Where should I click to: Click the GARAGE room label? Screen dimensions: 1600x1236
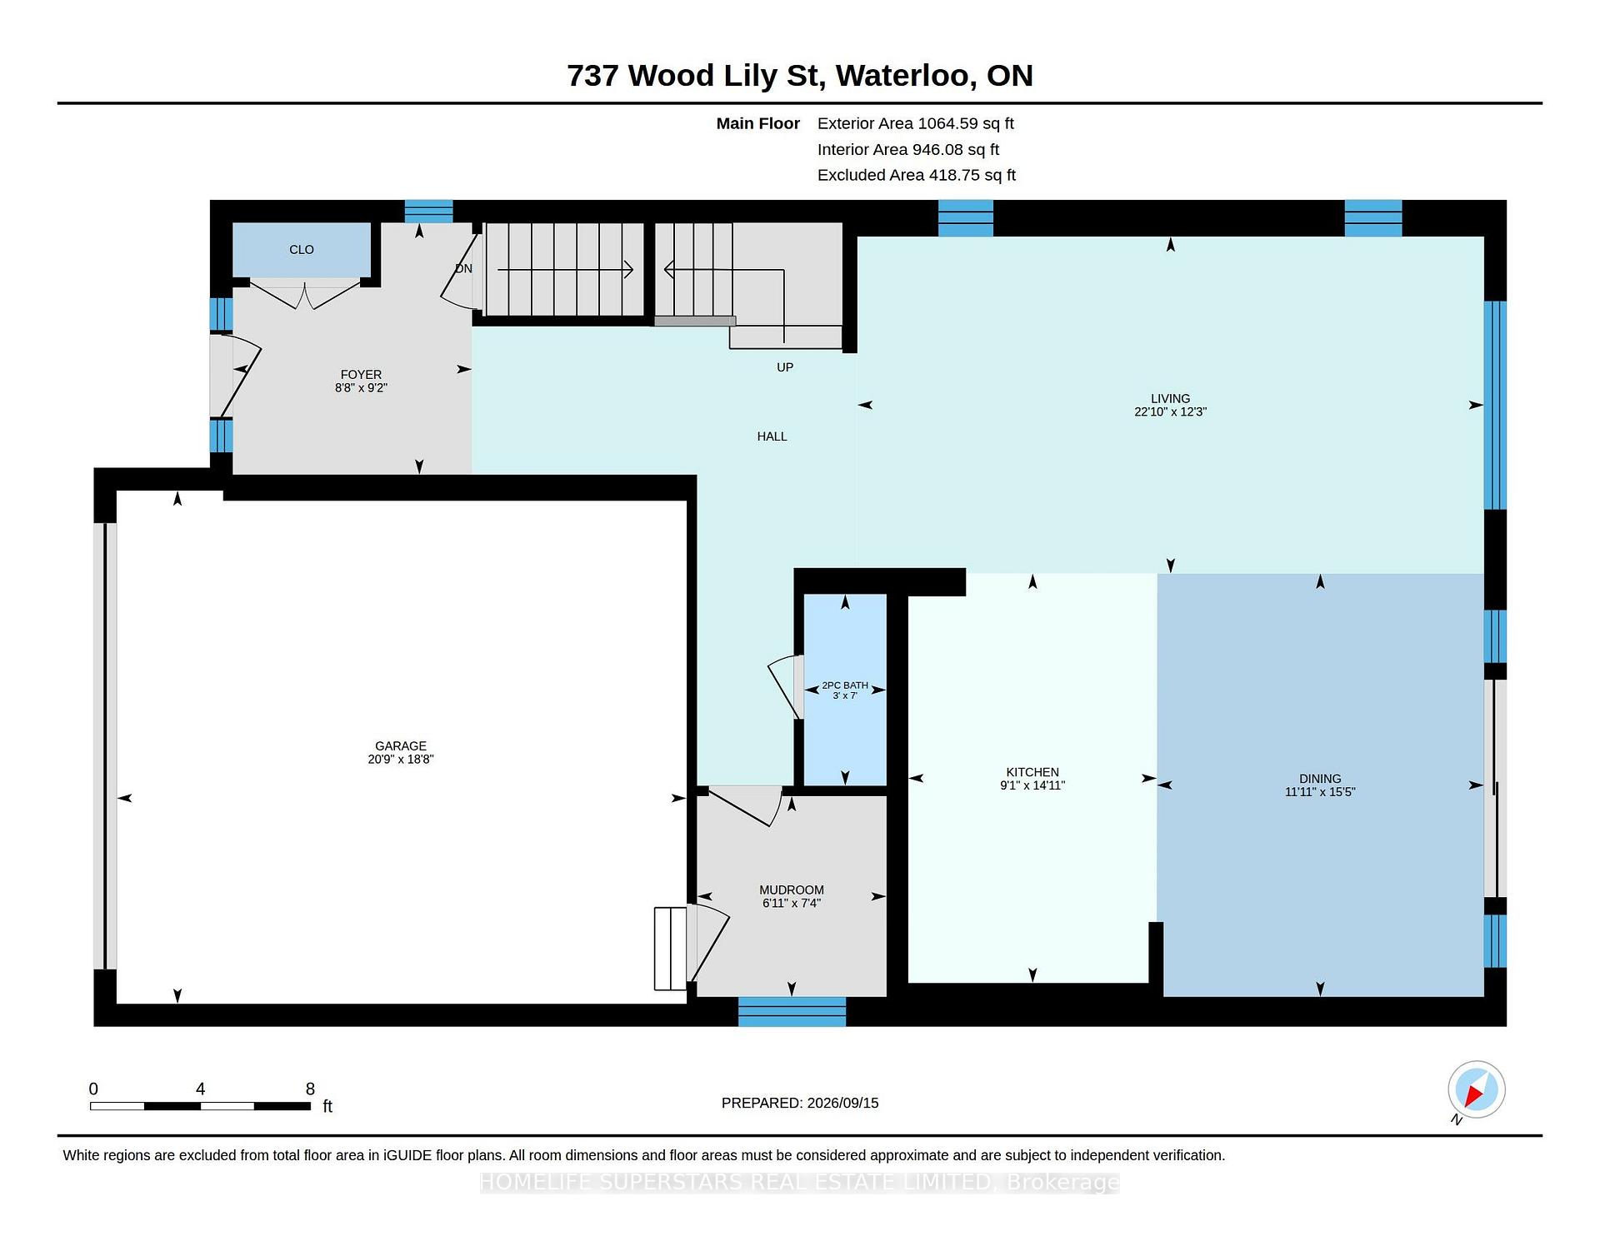tap(401, 746)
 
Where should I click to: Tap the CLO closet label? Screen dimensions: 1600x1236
tap(302, 250)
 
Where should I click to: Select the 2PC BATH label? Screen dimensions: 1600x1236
tap(845, 685)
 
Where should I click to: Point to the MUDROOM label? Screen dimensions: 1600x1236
tap(792, 890)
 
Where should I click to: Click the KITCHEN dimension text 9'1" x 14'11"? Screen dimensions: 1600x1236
tap(1032, 785)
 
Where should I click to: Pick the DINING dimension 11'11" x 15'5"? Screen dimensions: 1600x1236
tap(1320, 792)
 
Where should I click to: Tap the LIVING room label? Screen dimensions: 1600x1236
tap(1171, 399)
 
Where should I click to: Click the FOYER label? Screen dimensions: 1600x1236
tap(361, 375)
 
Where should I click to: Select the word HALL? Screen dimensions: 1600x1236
tap(772, 436)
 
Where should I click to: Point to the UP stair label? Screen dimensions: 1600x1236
tap(785, 367)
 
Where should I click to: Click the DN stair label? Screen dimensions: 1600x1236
tap(464, 268)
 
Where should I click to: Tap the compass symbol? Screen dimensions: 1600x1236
tap(1476, 1089)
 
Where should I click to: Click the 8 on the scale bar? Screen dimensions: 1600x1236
tap(310, 1089)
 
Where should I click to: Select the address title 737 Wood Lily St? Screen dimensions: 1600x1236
tap(696, 76)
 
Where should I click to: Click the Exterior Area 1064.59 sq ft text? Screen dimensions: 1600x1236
tap(915, 123)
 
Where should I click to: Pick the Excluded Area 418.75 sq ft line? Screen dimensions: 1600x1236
tap(917, 175)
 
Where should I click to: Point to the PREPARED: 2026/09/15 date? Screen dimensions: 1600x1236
tap(800, 1103)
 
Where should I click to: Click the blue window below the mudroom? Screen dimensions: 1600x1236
tap(792, 1011)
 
